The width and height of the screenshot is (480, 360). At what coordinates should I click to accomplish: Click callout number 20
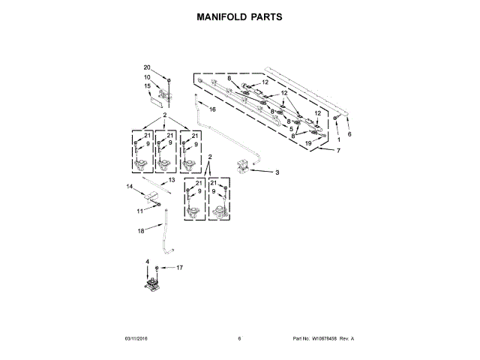point(147,67)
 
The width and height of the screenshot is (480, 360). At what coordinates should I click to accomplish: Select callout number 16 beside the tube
point(212,109)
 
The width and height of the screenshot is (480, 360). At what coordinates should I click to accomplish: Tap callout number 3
point(277,172)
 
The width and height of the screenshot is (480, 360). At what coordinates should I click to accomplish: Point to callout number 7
point(338,151)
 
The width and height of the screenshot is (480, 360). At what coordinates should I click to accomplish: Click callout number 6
point(349,134)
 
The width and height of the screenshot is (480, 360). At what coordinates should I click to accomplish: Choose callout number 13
point(172,180)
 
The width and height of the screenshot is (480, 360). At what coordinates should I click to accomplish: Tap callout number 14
point(130,186)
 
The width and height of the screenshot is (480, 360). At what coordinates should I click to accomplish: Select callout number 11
point(139,211)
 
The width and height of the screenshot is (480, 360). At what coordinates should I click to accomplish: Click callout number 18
point(140,232)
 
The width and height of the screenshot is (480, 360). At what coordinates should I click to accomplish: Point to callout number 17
point(179,267)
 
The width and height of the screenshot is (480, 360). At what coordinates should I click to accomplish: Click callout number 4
point(148,262)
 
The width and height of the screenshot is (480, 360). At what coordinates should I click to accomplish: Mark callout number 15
point(147,86)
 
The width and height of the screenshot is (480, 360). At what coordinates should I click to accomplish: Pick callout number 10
point(147,77)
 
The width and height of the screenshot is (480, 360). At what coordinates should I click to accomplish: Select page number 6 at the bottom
point(239,339)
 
